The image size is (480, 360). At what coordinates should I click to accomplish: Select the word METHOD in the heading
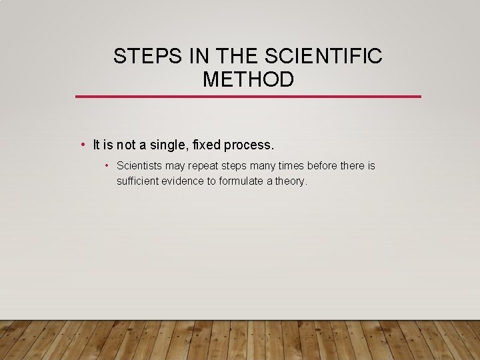248,80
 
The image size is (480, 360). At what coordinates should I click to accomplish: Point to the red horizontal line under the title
248,97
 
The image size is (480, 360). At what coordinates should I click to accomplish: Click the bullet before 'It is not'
81,144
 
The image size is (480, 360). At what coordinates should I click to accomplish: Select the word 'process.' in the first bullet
251,145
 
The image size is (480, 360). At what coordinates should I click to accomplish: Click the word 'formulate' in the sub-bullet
241,181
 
